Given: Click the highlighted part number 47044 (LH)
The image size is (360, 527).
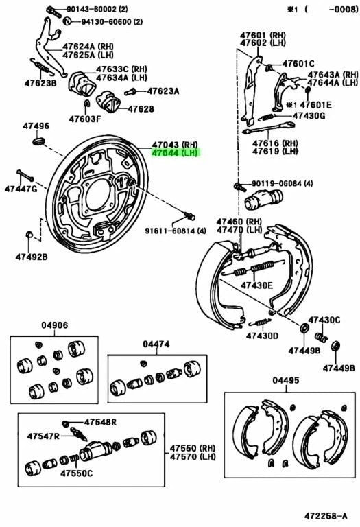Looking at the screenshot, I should point(175,154).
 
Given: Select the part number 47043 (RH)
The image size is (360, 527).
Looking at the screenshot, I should point(175,145).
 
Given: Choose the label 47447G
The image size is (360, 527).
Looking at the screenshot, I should point(21,188).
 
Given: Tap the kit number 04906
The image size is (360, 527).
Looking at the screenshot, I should point(54,326).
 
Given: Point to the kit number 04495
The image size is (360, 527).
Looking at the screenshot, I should point(286,380).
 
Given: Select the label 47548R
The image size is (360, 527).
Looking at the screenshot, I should point(101,422).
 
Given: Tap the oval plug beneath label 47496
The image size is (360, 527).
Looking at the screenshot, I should point(38,141).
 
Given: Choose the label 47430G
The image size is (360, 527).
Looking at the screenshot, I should point(309,115).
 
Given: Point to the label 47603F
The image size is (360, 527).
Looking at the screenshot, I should point(84,119).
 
